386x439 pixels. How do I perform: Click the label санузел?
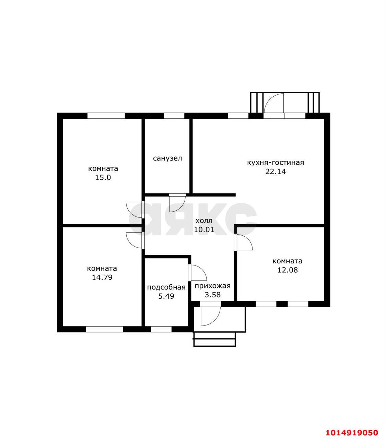click(x=167, y=158)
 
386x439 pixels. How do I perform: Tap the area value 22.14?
click(x=276, y=171)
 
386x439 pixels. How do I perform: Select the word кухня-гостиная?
click(x=276, y=163)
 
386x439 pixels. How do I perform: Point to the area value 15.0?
click(x=103, y=177)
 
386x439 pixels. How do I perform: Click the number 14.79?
click(x=102, y=277)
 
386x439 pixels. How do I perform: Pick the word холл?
click(x=204, y=221)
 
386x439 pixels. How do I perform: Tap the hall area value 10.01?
click(x=204, y=229)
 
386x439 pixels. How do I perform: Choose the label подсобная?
click(x=166, y=287)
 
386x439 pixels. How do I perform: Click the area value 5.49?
click(x=166, y=296)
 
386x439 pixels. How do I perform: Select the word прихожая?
click(x=212, y=286)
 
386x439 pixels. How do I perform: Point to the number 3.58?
click(x=212, y=295)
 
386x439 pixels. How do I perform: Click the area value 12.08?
click(x=288, y=270)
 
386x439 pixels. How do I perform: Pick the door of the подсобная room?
click(x=197, y=273)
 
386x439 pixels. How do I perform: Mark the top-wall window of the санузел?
click(x=174, y=116)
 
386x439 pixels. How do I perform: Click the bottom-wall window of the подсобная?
click(x=161, y=329)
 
